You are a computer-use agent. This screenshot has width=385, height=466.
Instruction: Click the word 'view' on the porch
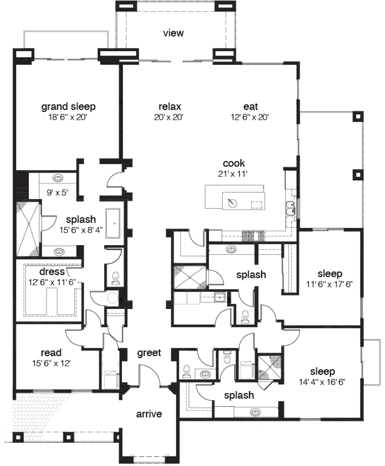(x=173, y=33)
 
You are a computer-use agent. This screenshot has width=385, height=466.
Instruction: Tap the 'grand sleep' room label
(x=68, y=107)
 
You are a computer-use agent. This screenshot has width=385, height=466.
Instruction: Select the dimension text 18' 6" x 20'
(x=68, y=117)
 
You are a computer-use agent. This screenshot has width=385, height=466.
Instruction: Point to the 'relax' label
(x=170, y=106)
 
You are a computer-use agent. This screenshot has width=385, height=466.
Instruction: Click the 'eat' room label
(x=250, y=106)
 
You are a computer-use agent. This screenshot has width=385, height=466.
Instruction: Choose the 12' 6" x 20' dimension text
(x=250, y=117)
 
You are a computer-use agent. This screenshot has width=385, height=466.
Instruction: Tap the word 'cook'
(x=234, y=163)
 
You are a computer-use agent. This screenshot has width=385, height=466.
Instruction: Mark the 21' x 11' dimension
(x=233, y=174)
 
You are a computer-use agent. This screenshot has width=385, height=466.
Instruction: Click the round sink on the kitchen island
(x=232, y=203)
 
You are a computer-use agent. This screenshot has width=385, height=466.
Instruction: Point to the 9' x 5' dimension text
(x=58, y=193)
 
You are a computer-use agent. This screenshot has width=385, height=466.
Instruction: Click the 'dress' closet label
(x=52, y=272)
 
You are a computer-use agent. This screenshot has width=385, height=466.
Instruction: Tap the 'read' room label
(x=51, y=353)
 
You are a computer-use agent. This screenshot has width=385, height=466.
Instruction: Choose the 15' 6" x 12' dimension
(x=51, y=363)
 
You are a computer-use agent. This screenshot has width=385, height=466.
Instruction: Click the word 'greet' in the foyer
(x=149, y=353)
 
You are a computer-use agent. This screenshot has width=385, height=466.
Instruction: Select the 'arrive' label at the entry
(x=149, y=414)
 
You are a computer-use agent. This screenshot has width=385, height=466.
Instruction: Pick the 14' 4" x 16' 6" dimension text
(x=322, y=382)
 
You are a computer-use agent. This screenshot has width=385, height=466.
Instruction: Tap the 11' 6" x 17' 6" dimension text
(x=330, y=284)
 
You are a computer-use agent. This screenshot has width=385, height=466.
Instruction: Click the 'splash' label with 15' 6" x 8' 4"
(x=81, y=219)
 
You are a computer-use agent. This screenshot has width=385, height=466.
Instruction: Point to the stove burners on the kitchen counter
(x=253, y=235)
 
